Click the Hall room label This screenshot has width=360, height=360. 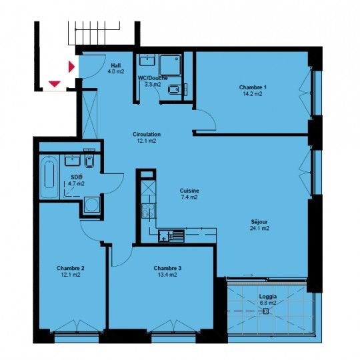116,65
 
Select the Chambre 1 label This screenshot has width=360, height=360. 253,87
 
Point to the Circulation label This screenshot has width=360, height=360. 147,134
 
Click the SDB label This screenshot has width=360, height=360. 75,178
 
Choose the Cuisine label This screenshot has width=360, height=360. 189,190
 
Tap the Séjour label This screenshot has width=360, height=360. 259,221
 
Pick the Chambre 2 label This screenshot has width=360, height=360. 70,268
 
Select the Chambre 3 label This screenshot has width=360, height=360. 167,268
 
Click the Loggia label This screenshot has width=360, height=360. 268,295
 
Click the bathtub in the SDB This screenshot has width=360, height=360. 50,177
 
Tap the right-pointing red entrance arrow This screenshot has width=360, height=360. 71,67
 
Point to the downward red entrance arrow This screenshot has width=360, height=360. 55,84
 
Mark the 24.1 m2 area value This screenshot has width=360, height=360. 259,228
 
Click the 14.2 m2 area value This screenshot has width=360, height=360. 253,94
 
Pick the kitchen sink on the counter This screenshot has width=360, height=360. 176,235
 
